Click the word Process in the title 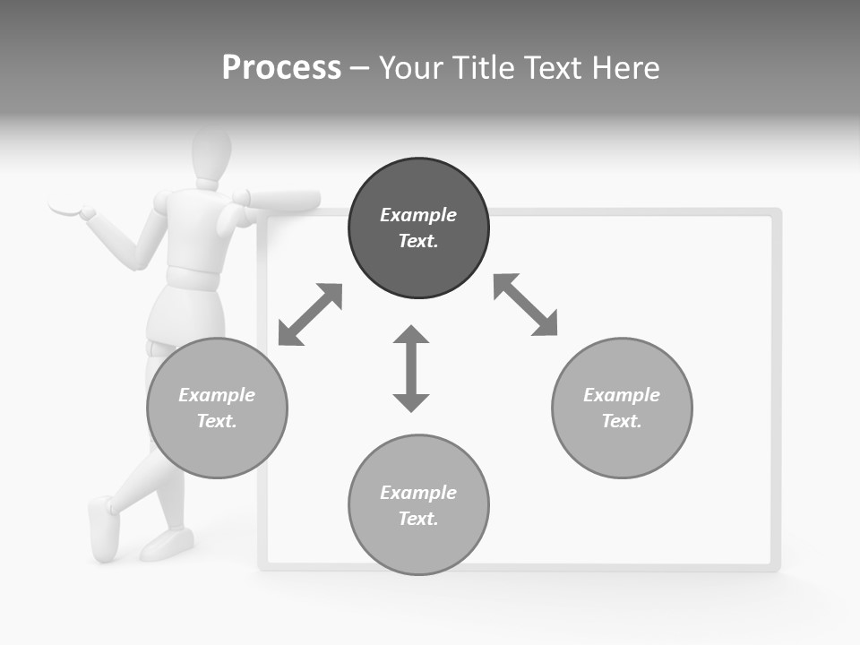[281, 68]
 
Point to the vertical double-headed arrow [411, 368]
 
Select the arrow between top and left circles [310, 314]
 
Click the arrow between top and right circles [525, 305]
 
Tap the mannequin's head [211, 155]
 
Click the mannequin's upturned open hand [67, 206]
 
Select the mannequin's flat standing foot [168, 542]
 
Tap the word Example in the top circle [417, 215]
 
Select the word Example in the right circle [621, 395]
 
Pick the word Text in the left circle [216, 421]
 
